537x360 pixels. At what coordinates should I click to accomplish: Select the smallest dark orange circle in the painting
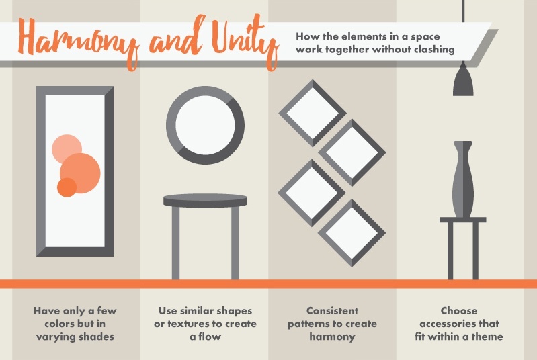click(x=67, y=187)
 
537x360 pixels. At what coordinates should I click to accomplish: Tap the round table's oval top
click(x=204, y=200)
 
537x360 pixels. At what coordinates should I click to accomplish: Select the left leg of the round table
click(x=175, y=242)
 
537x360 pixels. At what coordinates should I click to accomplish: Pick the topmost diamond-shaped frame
click(x=312, y=113)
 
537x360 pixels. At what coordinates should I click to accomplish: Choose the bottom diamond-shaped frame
click(x=352, y=232)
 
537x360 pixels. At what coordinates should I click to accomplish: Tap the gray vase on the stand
click(x=464, y=179)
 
